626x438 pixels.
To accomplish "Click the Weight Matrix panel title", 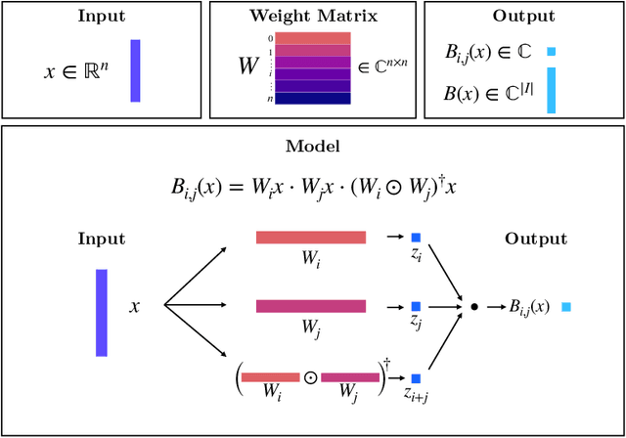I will tap(313, 17).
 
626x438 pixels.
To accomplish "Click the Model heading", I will tap(312, 146).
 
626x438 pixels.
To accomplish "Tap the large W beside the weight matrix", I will tap(250, 66).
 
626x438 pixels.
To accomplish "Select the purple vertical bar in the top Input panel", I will tap(135, 70).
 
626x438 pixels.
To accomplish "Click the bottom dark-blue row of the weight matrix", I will tap(313, 98).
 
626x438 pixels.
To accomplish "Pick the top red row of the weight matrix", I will tap(313, 38).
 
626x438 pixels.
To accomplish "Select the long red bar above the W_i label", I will tap(311, 238).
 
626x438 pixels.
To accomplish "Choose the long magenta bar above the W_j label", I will tap(311, 306).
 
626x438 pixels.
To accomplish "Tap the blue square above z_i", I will tap(416, 238).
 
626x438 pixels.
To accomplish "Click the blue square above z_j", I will tap(416, 306).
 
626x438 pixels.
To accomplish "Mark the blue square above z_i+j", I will tap(416, 377).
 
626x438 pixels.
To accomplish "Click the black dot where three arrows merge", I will tap(474, 307).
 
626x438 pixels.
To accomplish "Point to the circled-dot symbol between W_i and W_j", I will tap(310, 376).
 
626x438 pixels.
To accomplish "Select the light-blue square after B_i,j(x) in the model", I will tap(565, 307).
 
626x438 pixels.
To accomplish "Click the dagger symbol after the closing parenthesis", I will tap(387, 364).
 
